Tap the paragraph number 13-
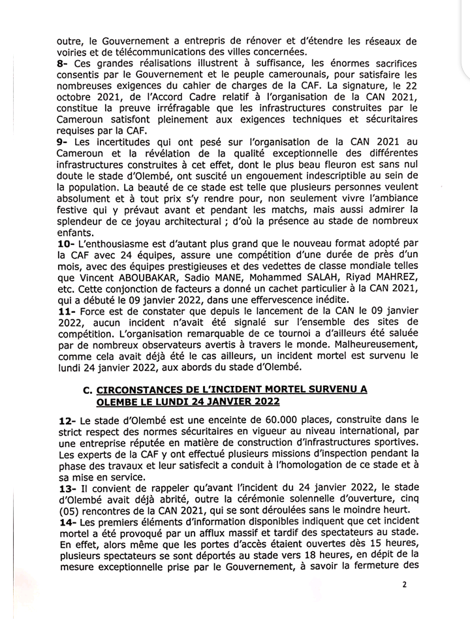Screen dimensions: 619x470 coord(67,487)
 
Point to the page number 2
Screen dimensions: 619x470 coord(404,584)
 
